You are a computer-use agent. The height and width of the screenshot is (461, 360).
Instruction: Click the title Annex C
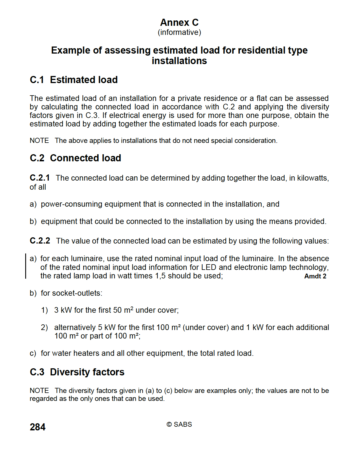pos(179,22)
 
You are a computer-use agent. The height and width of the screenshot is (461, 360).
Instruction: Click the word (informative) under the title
pos(179,32)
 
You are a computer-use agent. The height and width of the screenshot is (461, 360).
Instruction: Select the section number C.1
pos(37,80)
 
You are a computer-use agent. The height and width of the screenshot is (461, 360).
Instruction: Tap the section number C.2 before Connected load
pos(37,158)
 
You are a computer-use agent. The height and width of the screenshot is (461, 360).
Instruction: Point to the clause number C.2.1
pos(40,178)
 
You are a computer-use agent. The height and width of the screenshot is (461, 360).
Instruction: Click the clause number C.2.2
pos(40,241)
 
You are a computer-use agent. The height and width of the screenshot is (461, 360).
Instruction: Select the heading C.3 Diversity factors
pos(77,372)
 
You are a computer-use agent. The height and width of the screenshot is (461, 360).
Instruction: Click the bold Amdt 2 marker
pos(315,276)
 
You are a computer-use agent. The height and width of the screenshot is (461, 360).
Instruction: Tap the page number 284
pos(37,427)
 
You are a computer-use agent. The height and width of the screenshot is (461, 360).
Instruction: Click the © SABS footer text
pos(179,424)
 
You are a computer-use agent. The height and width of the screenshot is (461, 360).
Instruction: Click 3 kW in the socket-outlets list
pos(63,310)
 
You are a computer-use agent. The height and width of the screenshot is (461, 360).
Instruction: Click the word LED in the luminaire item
pos(209,267)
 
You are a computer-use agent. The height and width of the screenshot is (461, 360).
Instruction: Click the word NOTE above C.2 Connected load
pos(39,141)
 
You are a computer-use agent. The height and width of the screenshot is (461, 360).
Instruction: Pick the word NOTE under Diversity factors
pos(39,391)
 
